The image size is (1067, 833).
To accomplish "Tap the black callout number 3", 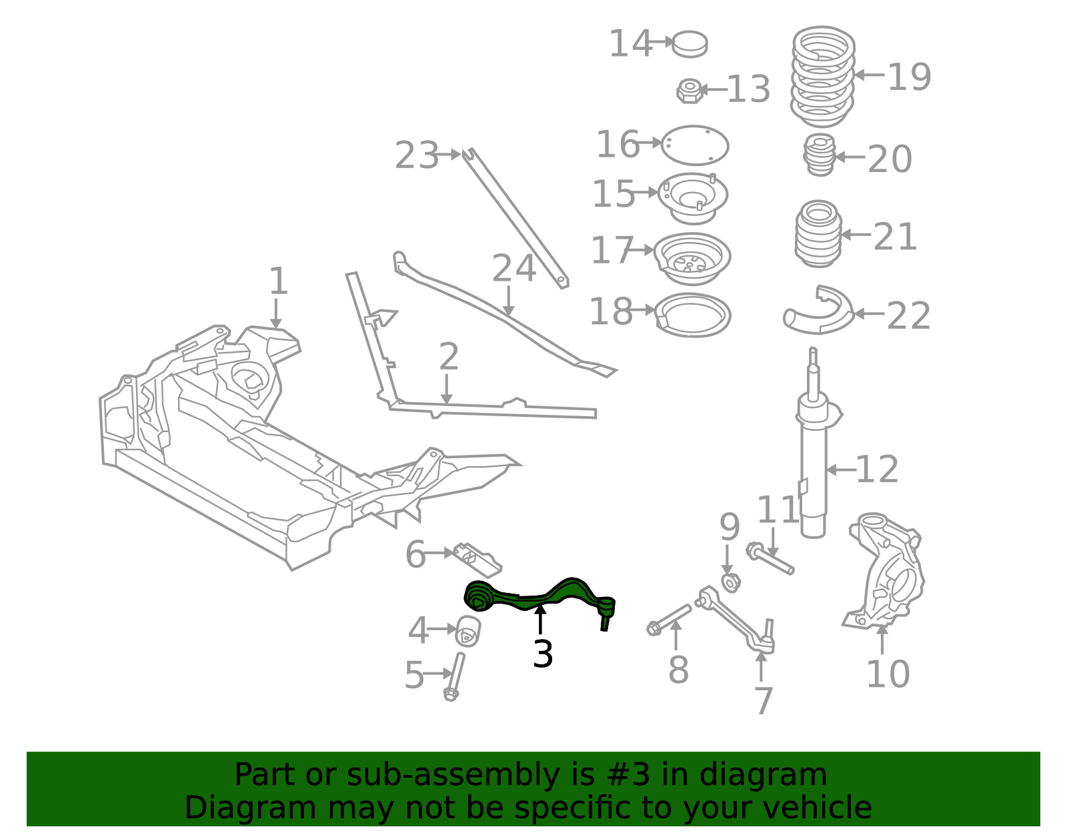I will pos(543,654).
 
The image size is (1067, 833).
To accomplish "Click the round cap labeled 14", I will pos(690,43).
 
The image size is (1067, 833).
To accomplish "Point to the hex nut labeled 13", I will pos(690,91).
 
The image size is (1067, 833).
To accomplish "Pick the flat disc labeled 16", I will pos(695,145).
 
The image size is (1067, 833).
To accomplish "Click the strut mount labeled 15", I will pos(693,197).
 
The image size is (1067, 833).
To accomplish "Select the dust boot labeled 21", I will pos(818,233).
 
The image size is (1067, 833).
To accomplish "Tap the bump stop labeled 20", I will pos(820,155).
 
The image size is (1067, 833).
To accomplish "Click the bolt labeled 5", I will pos(455,676).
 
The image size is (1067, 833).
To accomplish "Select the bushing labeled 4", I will pos(468,630).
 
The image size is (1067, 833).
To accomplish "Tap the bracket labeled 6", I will pos(477,559).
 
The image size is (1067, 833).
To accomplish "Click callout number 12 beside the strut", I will pos(877,470).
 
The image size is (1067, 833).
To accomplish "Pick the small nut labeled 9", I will pos(731,582).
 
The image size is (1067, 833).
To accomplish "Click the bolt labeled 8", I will pos(670,620).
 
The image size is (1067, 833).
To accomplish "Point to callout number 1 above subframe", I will pos(278,281).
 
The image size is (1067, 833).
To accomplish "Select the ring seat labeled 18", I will pos(694,315).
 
